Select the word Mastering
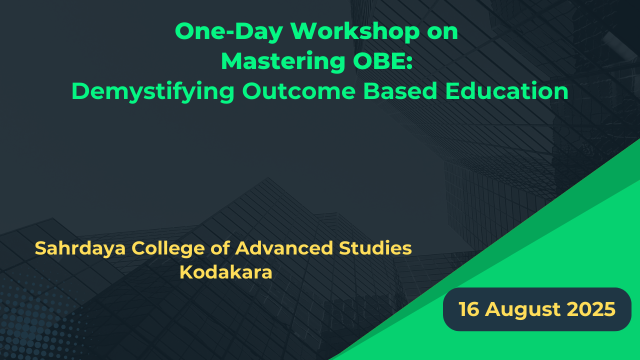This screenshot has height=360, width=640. (x=283, y=61)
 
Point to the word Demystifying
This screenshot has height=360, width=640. (x=153, y=91)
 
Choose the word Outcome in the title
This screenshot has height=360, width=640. (x=299, y=91)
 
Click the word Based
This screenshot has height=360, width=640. (x=400, y=91)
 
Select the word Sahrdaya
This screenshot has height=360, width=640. (x=80, y=248)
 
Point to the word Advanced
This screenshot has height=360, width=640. (x=284, y=248)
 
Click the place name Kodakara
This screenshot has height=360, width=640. (x=225, y=272)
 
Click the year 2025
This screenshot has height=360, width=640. (x=591, y=309)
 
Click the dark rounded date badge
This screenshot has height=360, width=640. (x=537, y=309)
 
